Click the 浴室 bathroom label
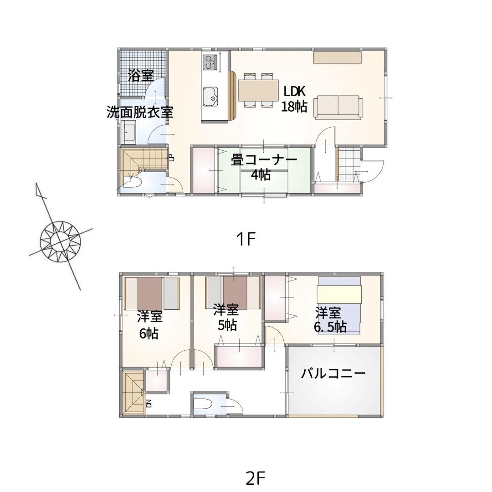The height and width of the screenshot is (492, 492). tap(141, 76)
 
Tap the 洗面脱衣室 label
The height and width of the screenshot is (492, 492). tap(140, 112)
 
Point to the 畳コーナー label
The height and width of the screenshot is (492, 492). tap(264, 160)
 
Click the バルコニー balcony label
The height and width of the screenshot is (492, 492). tap(333, 374)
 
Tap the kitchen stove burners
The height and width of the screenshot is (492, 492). tap(209, 62)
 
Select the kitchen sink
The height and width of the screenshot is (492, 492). tap(210, 97)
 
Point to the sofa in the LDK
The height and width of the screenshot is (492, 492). tap(338, 108)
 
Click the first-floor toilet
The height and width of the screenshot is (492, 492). tap(132, 182)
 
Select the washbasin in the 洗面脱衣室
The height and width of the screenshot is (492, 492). tap(128, 132)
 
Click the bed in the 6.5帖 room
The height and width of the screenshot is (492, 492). tap(339, 305)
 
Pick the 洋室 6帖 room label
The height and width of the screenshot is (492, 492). tap(149, 325)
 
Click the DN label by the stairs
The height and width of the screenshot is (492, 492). tap(149, 403)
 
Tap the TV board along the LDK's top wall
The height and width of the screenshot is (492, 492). tap(337, 57)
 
